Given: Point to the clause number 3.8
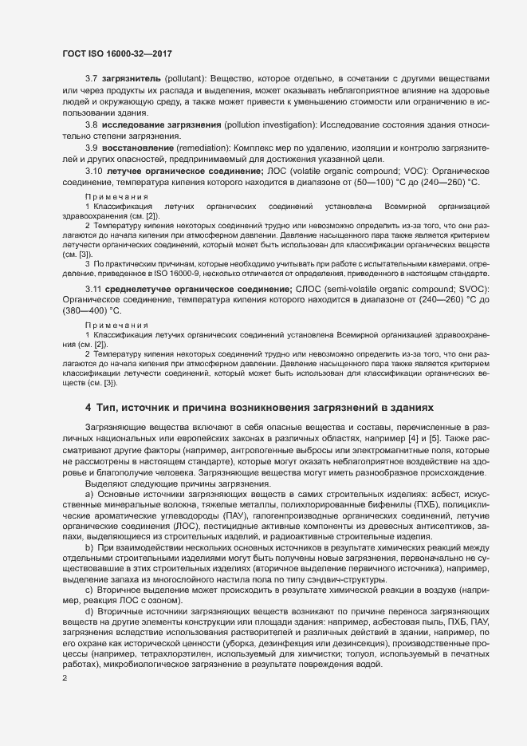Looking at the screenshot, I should point(91,126).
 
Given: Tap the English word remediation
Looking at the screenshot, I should point(218,148).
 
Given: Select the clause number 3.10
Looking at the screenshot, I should point(93,172).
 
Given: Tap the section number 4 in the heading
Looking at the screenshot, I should point(88,406).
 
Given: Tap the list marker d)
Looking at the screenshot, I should point(89,610).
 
